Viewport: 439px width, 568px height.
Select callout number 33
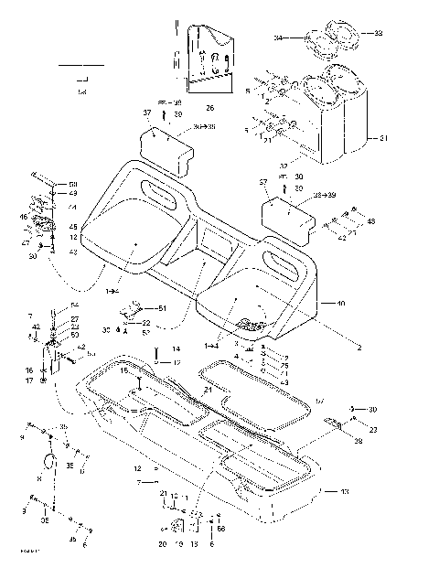tap(379, 33)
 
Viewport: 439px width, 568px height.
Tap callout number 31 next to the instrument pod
tap(384, 138)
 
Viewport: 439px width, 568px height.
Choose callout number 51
tap(164, 308)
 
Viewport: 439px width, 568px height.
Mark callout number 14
tap(177, 348)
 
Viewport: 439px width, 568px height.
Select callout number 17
tap(29, 380)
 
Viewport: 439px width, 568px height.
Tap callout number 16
tap(29, 370)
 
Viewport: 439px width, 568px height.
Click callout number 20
tap(162, 543)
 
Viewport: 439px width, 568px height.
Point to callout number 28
tap(358, 440)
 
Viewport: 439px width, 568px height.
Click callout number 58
tap(74, 185)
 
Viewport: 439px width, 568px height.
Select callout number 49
tap(74, 194)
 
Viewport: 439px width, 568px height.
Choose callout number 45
tap(74, 227)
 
